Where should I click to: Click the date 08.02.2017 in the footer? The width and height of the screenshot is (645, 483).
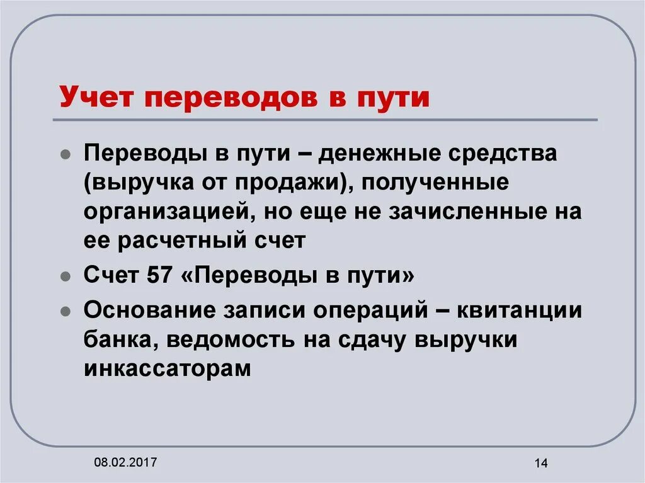tap(125, 463)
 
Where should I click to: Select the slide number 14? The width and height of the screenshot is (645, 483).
tap(540, 464)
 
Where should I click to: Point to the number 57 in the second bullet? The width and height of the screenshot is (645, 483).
tap(159, 275)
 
